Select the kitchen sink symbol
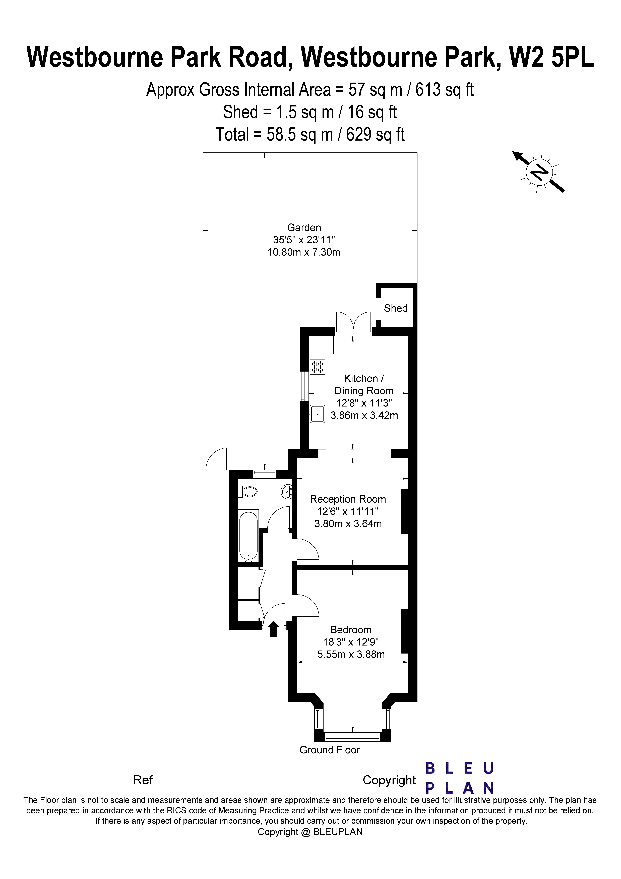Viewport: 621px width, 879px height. (x=317, y=414)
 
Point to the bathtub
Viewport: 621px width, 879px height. (x=249, y=536)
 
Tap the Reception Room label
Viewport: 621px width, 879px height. (x=348, y=499)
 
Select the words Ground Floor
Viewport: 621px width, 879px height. (x=330, y=750)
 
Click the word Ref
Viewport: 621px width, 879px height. (x=143, y=780)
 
